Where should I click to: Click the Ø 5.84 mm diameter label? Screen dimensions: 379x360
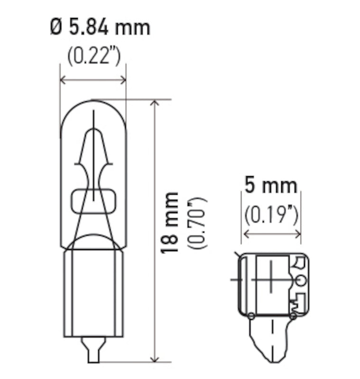[100, 28]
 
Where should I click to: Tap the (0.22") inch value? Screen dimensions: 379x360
[93, 56]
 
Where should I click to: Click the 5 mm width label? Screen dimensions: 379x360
[271, 185]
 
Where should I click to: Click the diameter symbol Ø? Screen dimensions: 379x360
[56, 28]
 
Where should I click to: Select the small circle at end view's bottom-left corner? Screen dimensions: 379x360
[251, 316]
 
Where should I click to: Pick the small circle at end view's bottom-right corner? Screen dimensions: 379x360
[293, 316]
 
